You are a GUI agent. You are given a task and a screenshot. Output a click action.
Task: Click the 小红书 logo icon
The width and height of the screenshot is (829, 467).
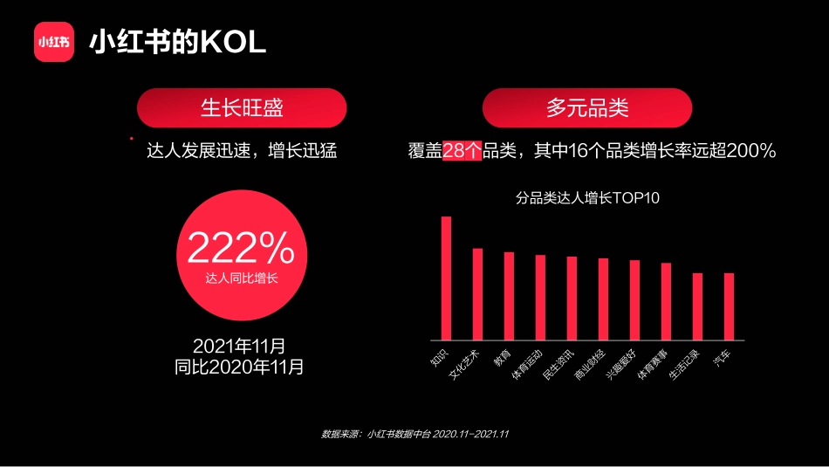[54, 42]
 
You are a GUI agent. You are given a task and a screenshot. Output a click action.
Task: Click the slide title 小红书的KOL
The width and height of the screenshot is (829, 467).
[177, 43]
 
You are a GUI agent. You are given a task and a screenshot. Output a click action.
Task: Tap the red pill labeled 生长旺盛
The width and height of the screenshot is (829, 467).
[242, 108]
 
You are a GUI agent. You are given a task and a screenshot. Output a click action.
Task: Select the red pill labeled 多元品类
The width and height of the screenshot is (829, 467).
[587, 108]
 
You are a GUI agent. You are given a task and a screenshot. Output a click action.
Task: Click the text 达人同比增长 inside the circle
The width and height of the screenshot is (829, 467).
[242, 278]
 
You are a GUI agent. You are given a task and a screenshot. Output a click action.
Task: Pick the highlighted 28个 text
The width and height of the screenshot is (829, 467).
[462, 151]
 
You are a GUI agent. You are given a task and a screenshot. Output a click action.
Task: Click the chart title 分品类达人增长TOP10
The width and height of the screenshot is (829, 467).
[587, 198]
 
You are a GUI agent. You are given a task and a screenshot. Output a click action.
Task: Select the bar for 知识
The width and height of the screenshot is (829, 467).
[446, 278]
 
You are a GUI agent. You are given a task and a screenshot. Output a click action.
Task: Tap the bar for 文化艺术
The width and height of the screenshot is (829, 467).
[477, 294]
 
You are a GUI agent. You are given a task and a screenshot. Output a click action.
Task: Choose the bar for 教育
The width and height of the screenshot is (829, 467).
[509, 296]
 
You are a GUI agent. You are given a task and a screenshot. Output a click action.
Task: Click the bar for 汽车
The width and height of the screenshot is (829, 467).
[729, 306]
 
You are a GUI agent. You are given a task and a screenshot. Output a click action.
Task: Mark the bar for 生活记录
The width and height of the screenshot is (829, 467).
[697, 306]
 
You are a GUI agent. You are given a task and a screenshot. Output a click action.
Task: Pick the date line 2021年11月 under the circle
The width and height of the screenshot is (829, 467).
[239, 346]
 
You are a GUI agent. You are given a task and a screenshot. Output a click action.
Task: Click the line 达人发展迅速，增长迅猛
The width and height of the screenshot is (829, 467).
[242, 151]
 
